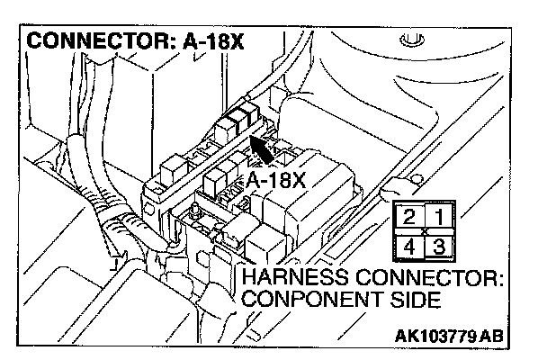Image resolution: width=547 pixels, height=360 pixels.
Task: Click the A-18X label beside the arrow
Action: (275, 181)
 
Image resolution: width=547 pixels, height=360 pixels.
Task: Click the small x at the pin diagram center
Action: (424, 232)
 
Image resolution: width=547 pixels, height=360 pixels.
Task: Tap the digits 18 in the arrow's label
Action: (279, 181)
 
